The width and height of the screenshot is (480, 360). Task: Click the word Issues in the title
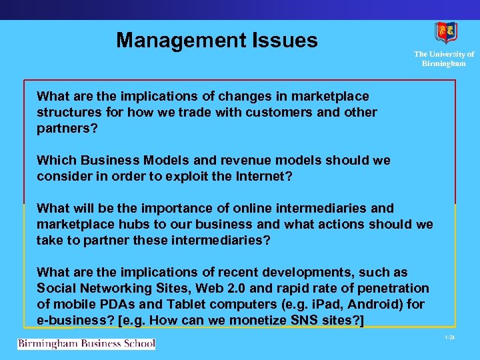click(x=284, y=41)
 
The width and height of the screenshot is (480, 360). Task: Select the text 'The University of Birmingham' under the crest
click(x=444, y=59)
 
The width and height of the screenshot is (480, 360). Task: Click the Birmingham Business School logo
click(x=86, y=344)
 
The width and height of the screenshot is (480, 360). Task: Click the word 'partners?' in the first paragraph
click(x=67, y=129)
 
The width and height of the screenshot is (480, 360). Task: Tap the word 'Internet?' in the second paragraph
click(x=265, y=177)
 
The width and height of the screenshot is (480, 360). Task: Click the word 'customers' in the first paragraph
click(x=277, y=113)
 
